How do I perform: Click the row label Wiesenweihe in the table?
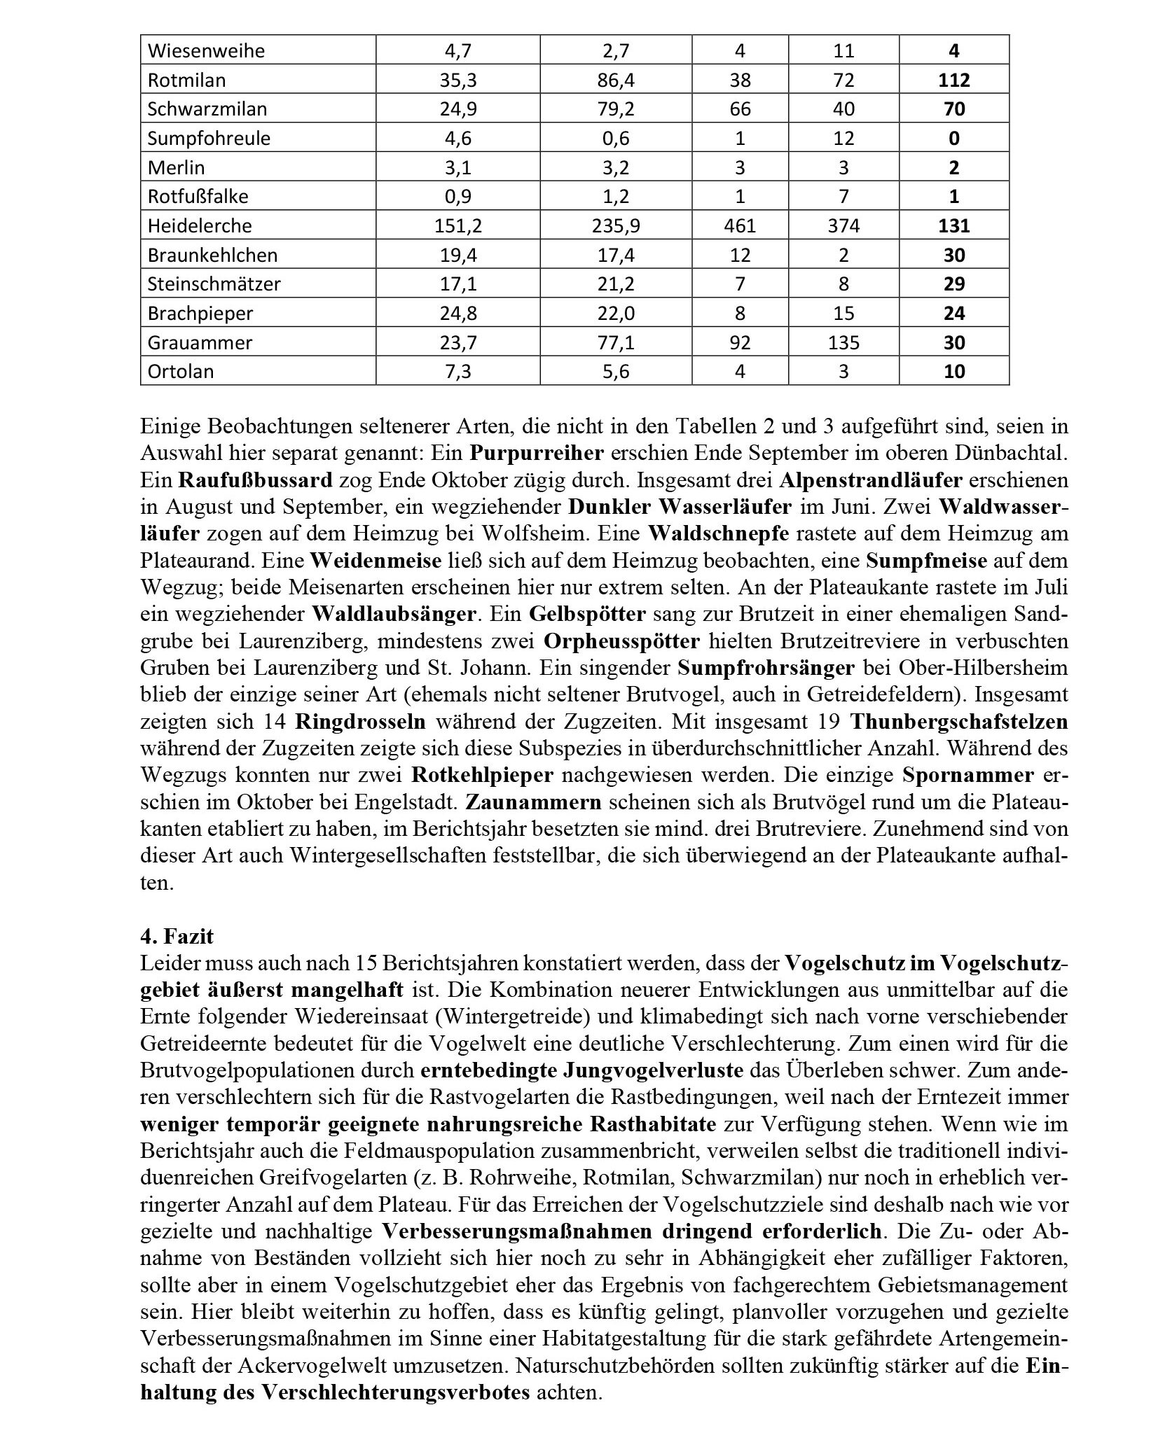[x=196, y=50]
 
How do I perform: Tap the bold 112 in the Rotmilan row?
[x=953, y=80]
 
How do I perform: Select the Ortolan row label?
[x=180, y=371]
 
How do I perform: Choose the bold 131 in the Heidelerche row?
[x=953, y=225]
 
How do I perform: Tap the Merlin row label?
[x=176, y=167]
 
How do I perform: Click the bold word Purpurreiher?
[x=537, y=453]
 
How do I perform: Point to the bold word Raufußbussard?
[x=255, y=480]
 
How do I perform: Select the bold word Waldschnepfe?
[x=718, y=533]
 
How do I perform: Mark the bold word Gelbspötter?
[x=587, y=614]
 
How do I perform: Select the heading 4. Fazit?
[x=177, y=936]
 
